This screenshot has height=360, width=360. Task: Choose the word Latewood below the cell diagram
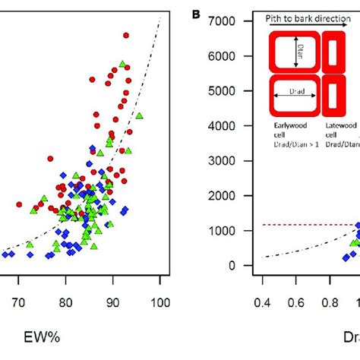point(339,125)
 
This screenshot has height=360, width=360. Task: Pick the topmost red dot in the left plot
point(125,35)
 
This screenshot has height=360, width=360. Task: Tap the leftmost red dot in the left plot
point(20,204)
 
